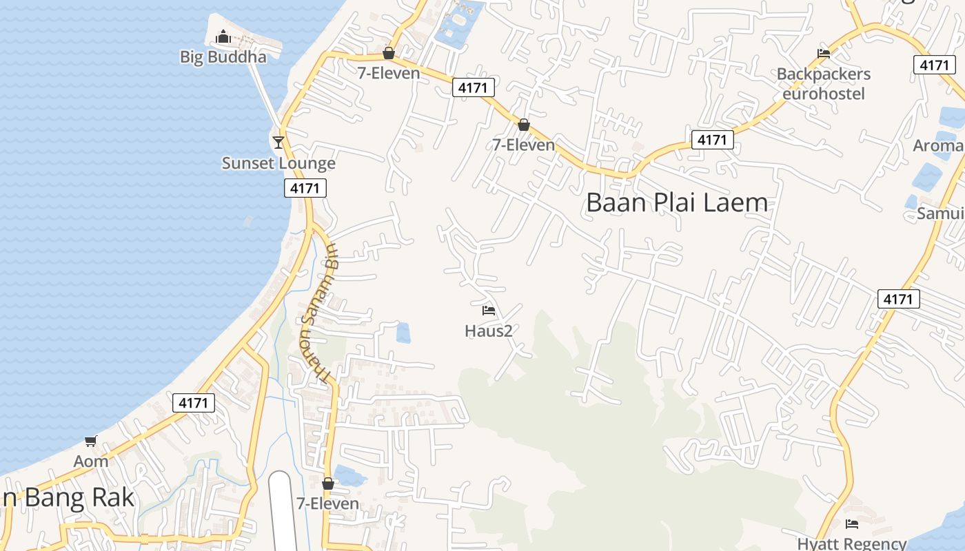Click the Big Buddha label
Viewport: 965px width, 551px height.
223,57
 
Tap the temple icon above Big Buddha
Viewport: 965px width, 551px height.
223,37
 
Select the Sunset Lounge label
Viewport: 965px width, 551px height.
278,163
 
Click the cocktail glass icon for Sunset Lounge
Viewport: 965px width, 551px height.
278,142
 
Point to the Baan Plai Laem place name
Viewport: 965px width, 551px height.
677,202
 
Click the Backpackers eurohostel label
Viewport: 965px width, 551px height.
823,83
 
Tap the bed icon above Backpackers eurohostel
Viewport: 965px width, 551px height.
823,54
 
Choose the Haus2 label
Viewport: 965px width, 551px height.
489,331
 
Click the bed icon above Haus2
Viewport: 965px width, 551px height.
489,311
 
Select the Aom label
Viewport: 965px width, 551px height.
91,461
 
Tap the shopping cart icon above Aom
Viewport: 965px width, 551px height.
90,441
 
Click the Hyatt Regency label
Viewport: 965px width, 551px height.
852,543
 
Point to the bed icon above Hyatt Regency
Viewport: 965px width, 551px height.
852,524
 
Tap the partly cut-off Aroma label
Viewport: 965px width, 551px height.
938,146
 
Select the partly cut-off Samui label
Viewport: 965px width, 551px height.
940,214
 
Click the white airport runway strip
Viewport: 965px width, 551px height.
283,513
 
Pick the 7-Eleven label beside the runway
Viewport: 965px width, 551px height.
327,503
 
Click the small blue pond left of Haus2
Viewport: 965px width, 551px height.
403,333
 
